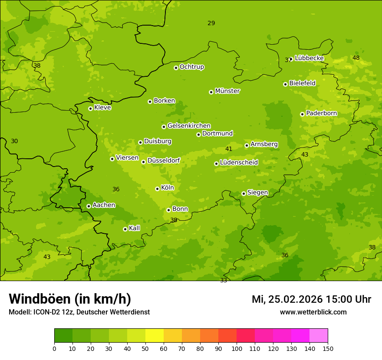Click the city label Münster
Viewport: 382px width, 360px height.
[227, 91]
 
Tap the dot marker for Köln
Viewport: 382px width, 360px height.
[157, 189]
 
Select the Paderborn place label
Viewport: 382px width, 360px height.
[321, 113]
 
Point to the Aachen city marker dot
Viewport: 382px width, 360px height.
[89, 206]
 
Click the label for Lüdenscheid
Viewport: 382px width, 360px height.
[239, 163]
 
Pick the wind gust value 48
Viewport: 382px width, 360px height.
[356, 58]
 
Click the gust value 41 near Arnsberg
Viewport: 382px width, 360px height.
[229, 149]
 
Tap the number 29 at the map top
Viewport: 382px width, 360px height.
[211, 23]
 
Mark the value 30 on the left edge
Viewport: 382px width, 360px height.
[14, 141]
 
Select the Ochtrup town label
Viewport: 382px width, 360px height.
[191, 67]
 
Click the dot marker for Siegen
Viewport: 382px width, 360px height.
[244, 193]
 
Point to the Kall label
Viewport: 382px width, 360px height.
[135, 228]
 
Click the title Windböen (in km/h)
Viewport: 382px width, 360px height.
[70, 299]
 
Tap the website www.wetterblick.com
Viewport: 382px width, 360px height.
[313, 312]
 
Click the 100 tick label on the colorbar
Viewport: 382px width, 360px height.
[237, 348]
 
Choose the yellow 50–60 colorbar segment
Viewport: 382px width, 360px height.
[155, 336]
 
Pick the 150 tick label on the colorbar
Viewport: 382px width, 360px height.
[328, 348]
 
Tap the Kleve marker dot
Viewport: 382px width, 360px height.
[90, 108]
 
